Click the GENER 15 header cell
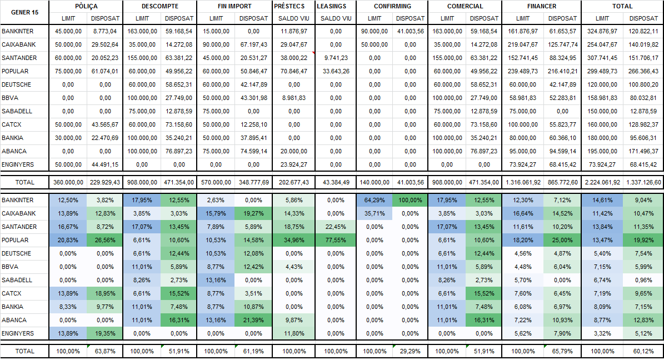[x=24, y=12]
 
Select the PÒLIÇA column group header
[x=86, y=6]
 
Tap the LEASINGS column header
[x=335, y=6]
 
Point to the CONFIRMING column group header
[x=392, y=6]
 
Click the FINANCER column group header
[x=541, y=6]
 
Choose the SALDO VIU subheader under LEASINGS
[x=336, y=18]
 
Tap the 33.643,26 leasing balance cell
[x=336, y=72]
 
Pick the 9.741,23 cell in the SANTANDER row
[x=336, y=58]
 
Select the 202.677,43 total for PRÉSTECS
[x=294, y=182]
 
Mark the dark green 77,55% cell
[x=336, y=240]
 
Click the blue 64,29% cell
[x=375, y=200]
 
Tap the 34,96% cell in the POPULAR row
[x=294, y=240]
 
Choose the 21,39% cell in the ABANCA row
[x=253, y=320]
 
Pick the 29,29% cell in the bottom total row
[x=411, y=351]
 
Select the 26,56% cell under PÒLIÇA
[x=105, y=240]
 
